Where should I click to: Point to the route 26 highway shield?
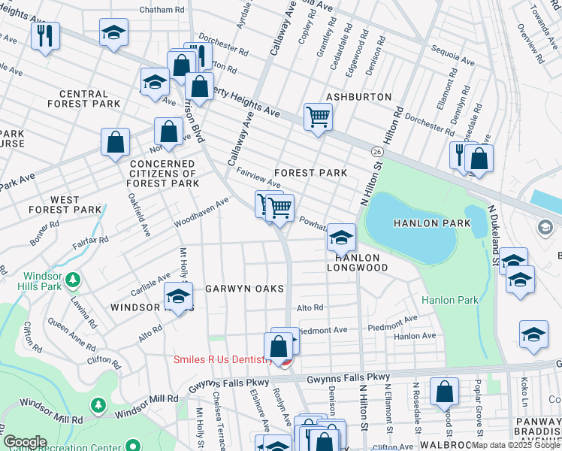[376, 151]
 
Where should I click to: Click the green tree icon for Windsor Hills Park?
[73, 280]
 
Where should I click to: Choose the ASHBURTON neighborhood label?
[359, 97]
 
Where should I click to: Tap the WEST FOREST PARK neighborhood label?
[65, 204]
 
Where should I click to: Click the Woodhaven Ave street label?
[201, 213]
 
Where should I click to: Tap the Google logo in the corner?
[26, 442]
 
